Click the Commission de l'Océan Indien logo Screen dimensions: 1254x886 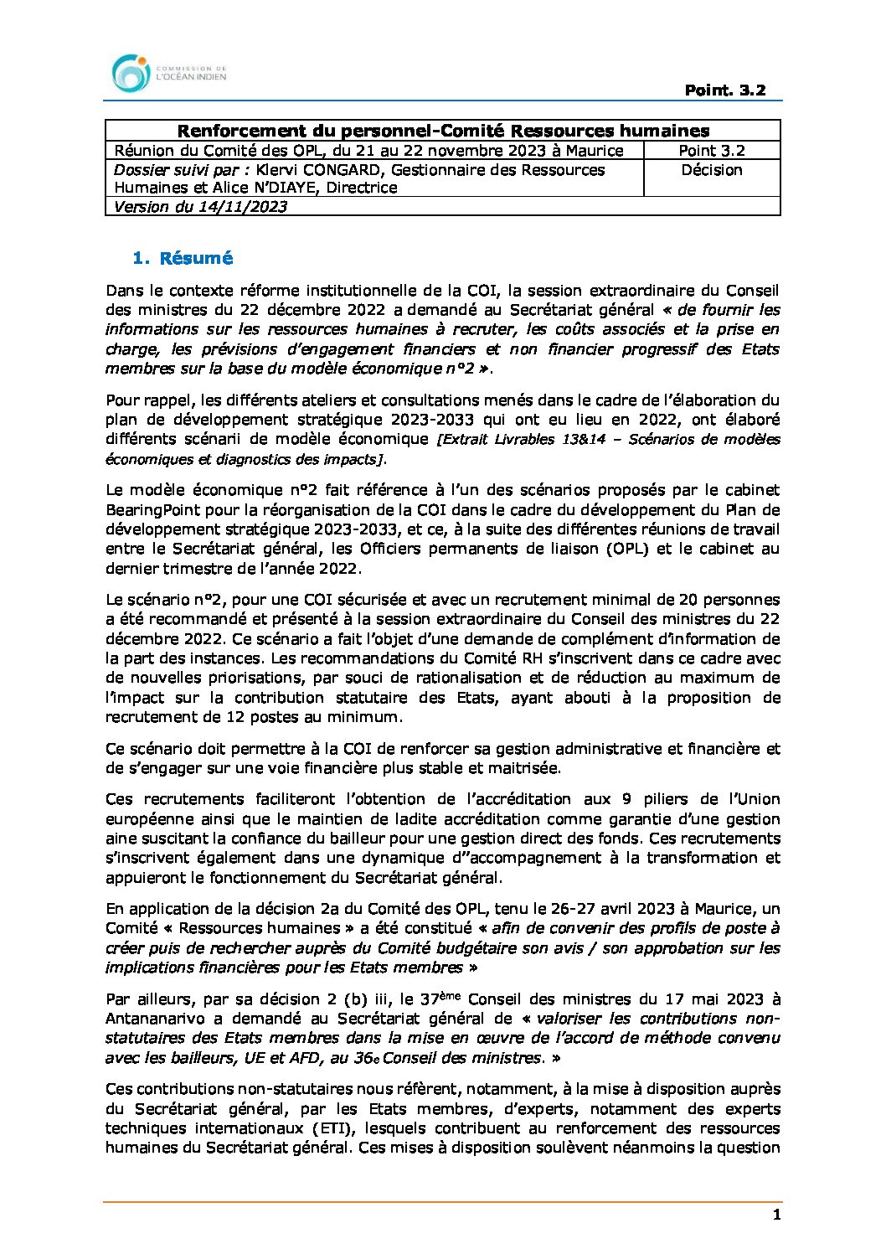coord(168,74)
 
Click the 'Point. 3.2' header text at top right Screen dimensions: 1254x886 coord(724,90)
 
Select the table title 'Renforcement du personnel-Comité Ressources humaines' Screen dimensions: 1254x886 coord(443,131)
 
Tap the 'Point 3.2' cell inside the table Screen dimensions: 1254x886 coord(712,151)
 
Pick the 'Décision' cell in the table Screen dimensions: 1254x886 coord(712,170)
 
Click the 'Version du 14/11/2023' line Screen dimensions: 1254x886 coord(200,207)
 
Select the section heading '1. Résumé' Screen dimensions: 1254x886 coord(183,258)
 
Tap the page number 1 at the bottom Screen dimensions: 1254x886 coord(776,1215)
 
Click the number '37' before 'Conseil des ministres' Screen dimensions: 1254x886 coord(430,999)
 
